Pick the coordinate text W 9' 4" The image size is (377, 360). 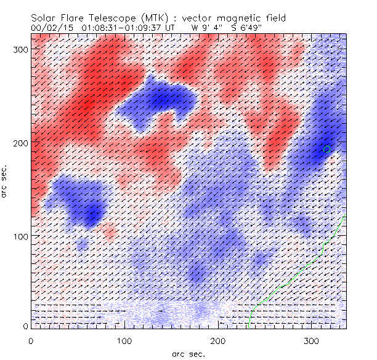[208, 28]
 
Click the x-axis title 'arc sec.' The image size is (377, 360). [188, 353]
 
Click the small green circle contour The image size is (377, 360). [327, 149]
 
